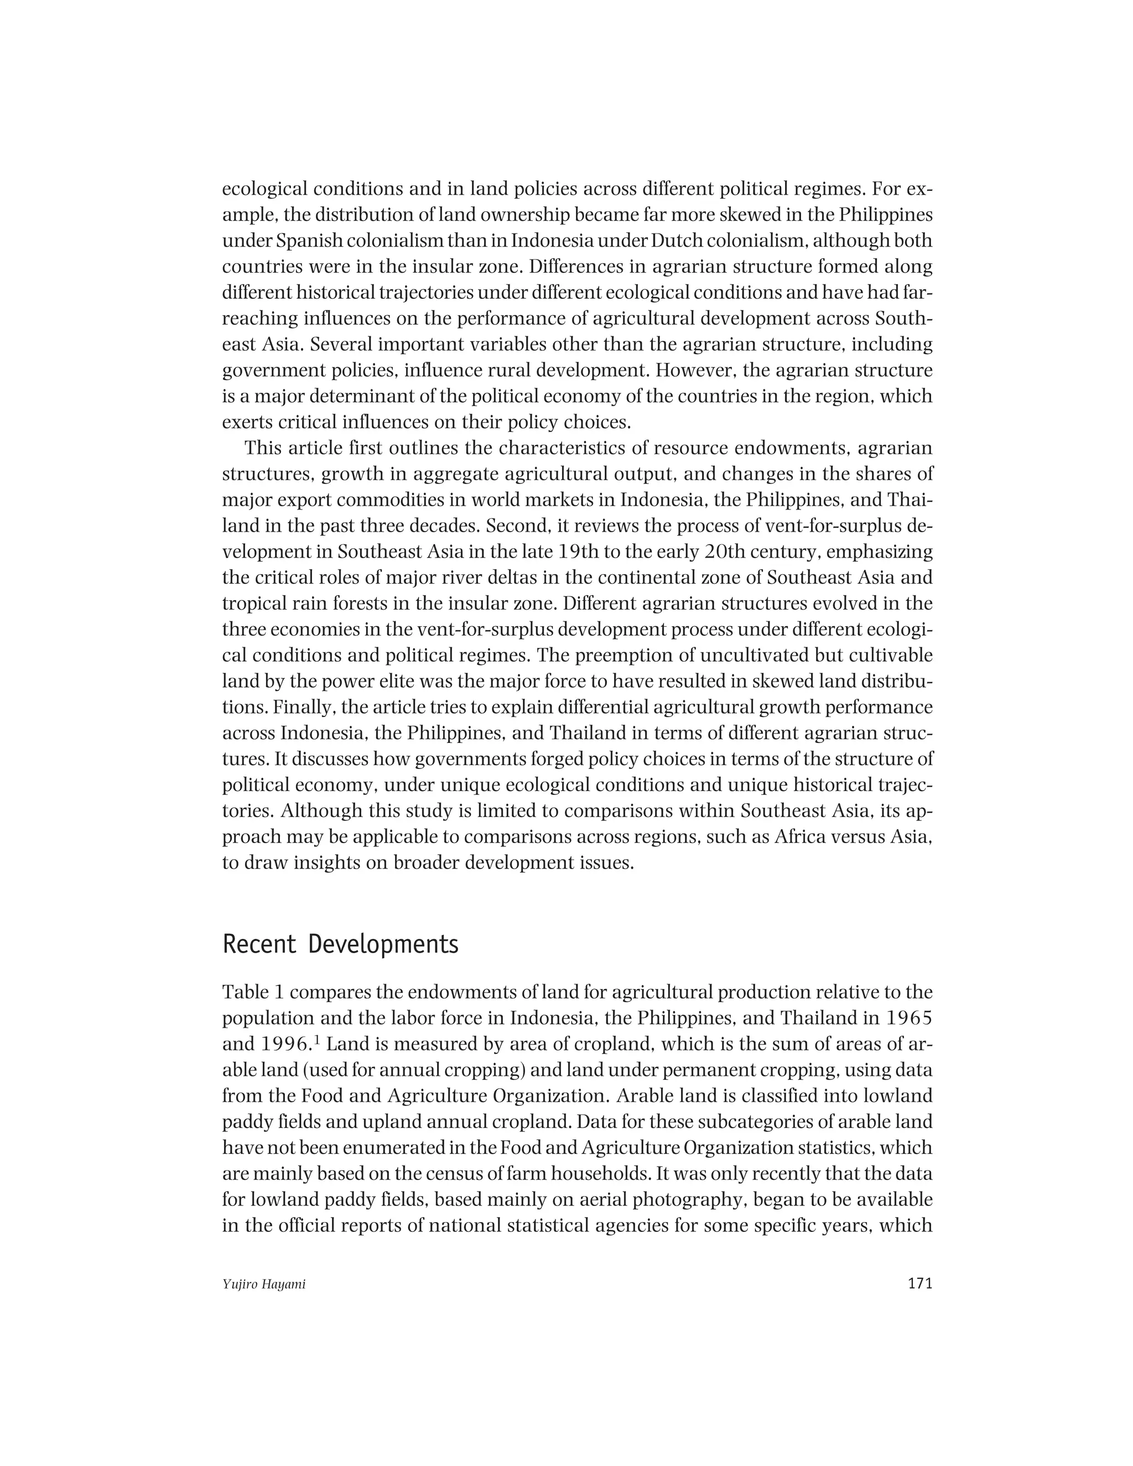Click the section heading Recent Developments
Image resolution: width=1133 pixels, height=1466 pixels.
point(340,944)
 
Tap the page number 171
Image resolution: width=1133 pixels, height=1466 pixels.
point(919,1283)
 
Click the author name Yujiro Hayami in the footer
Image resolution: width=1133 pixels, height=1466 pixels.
point(264,1285)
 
